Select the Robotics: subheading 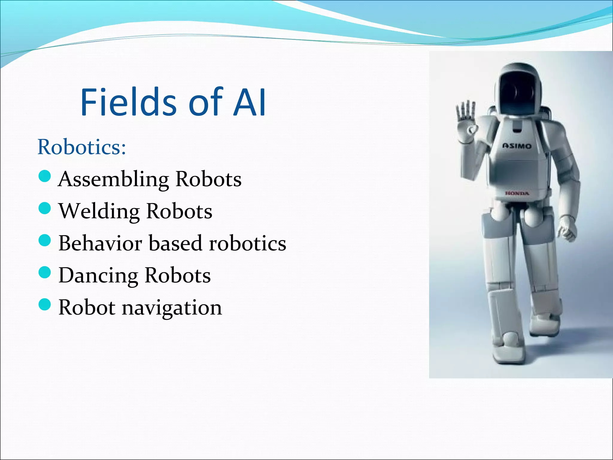pyautogui.click(x=82, y=147)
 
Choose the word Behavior pyautogui.click(x=100, y=243)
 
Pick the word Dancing pyautogui.click(x=98, y=276)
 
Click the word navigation pyautogui.click(x=172, y=308)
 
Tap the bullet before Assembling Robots pyautogui.click(x=45, y=176)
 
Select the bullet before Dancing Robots pyautogui.click(x=45, y=273)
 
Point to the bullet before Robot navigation pyautogui.click(x=45, y=305)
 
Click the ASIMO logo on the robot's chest pyautogui.click(x=517, y=146)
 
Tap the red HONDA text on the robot pyautogui.click(x=517, y=193)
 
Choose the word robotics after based pyautogui.click(x=248, y=243)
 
